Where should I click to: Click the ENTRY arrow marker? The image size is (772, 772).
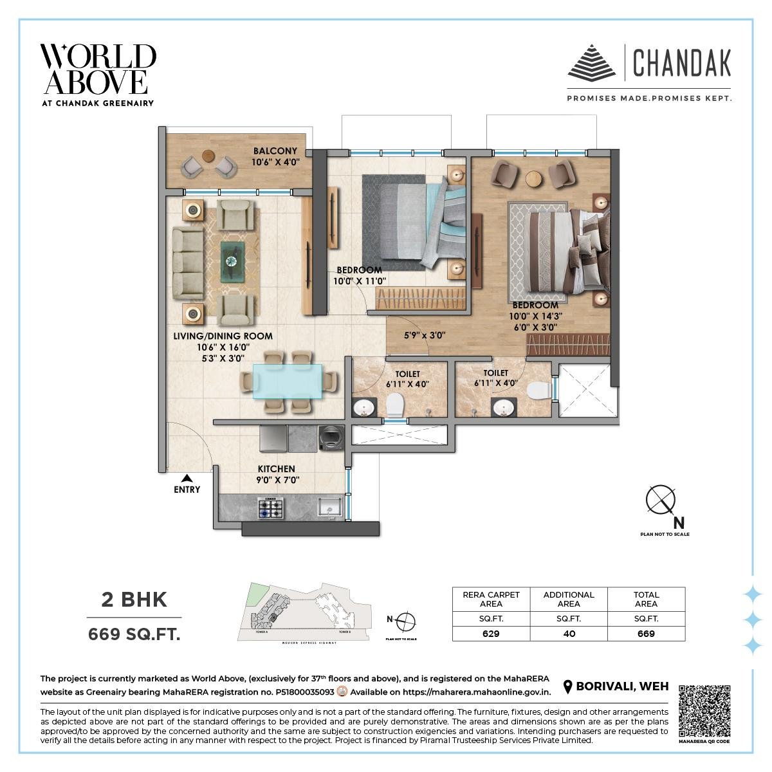click(x=187, y=478)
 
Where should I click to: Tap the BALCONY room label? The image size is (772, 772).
click(x=275, y=151)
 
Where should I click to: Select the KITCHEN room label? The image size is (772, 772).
click(x=277, y=469)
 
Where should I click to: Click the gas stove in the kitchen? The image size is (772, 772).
click(x=271, y=508)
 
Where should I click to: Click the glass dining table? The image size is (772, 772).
click(x=288, y=381)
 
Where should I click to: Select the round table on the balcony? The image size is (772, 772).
click(x=208, y=156)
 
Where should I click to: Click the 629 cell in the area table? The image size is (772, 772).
click(x=491, y=634)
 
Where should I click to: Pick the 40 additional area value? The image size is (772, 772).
click(x=569, y=634)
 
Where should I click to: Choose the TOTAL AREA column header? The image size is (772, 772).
click(x=646, y=599)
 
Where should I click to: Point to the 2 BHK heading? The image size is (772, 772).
click(x=134, y=600)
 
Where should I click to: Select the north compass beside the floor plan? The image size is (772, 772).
click(x=661, y=502)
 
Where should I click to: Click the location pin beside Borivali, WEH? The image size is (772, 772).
click(x=567, y=687)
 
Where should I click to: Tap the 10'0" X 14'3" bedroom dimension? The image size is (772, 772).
click(x=535, y=316)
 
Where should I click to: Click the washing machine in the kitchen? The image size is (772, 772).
click(x=331, y=439)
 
